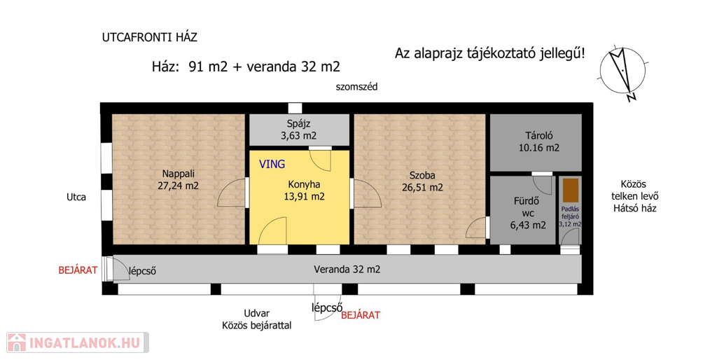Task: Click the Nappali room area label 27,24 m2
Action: point(178,186)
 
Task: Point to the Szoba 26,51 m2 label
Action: point(422,181)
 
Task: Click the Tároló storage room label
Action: point(538,141)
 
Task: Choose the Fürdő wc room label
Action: point(528,213)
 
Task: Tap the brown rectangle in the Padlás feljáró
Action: point(570,191)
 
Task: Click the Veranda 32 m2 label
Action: point(347,270)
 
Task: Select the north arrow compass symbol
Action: point(620,73)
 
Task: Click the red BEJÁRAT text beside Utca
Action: point(78,270)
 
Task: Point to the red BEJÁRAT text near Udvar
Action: point(361,315)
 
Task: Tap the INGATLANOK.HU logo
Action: point(77,342)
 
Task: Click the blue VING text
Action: point(272,164)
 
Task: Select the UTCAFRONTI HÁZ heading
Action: point(150,38)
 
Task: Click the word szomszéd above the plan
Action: point(356,87)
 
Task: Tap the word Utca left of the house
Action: point(76,197)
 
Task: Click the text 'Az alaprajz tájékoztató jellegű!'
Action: point(489,54)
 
